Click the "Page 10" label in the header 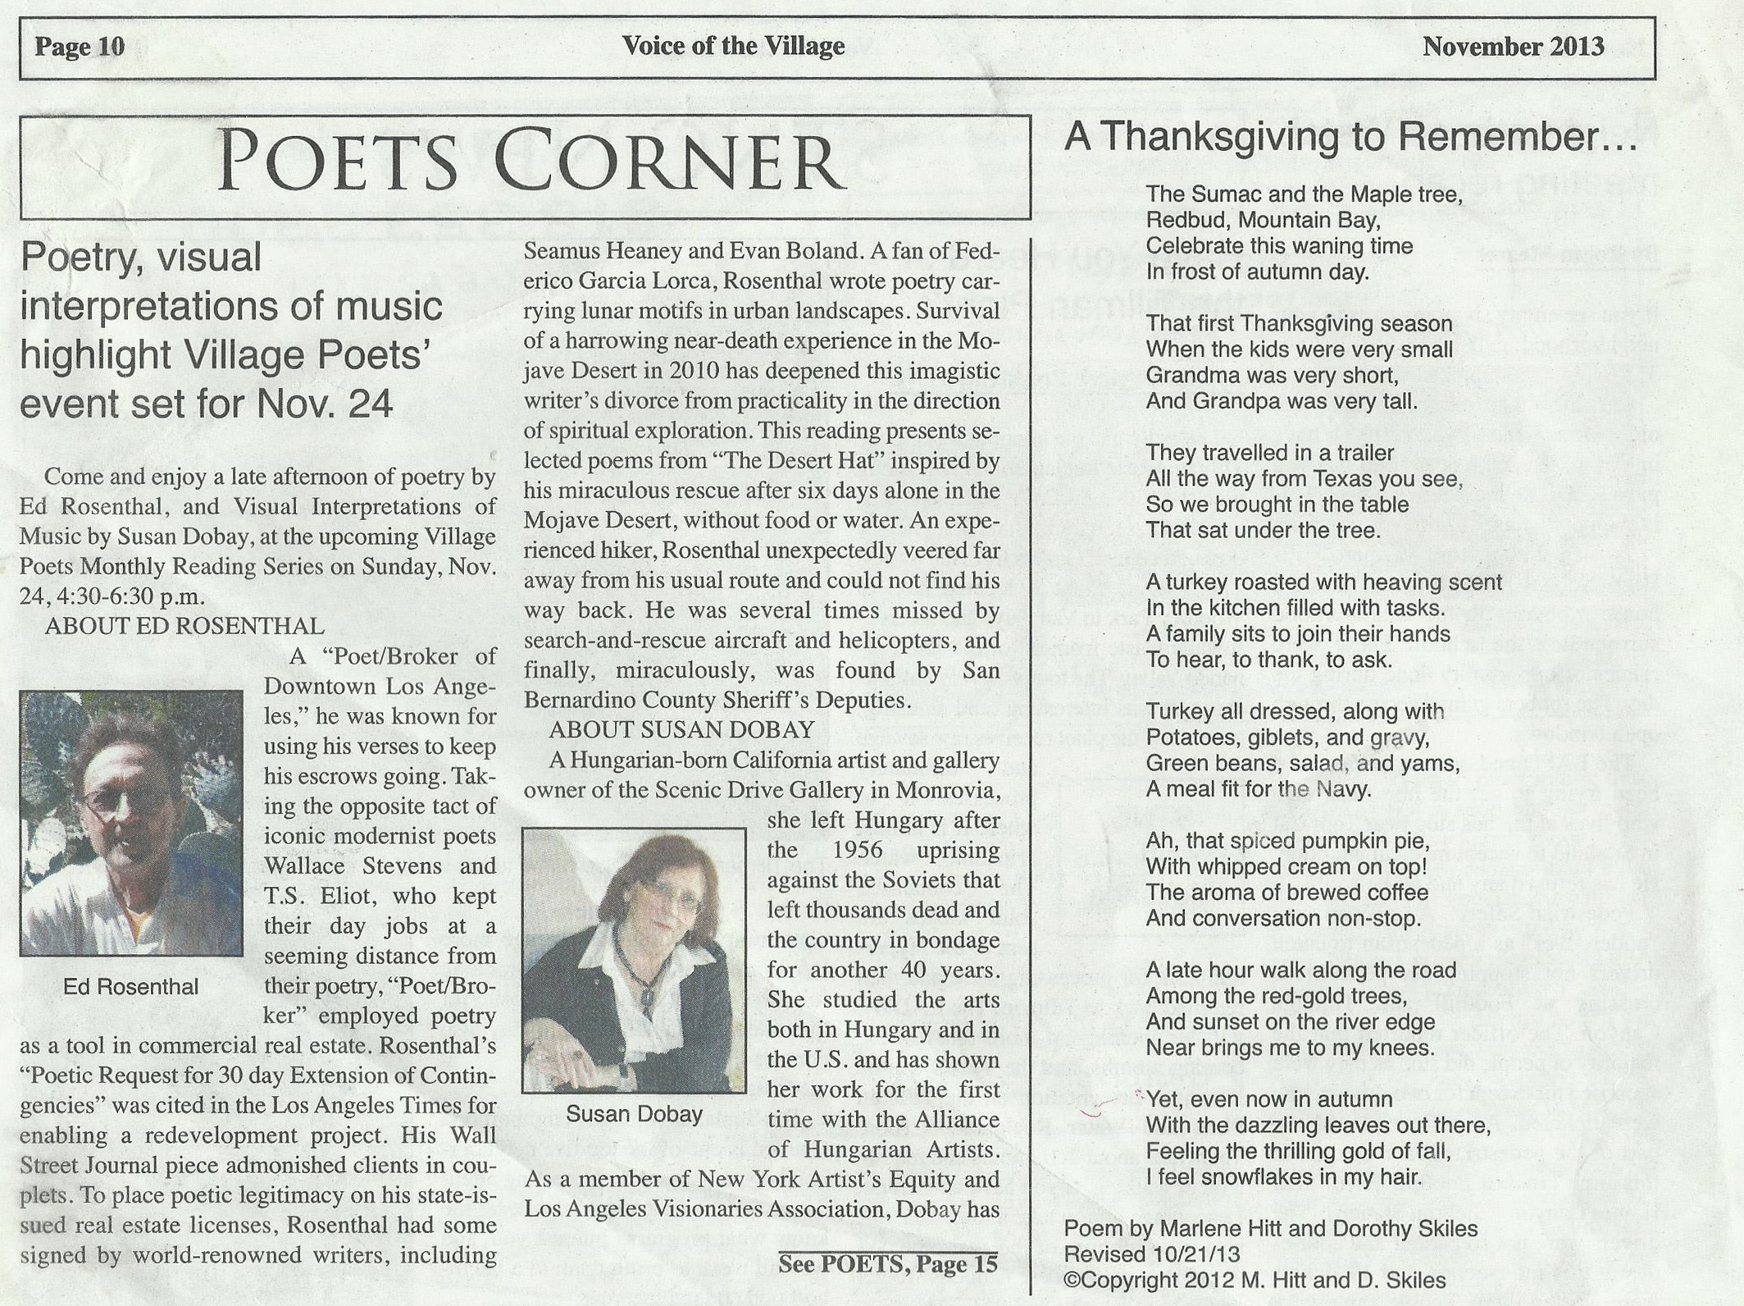(x=80, y=47)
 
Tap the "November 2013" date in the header (x=1513, y=46)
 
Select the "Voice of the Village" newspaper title (x=733, y=46)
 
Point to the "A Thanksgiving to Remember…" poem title (x=1350, y=137)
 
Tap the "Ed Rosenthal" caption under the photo (x=130, y=987)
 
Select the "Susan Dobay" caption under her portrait (x=634, y=1114)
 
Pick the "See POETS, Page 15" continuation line (x=888, y=1264)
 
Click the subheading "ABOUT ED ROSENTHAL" (x=184, y=626)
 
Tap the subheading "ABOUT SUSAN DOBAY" (x=681, y=729)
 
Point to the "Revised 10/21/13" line (x=1151, y=1254)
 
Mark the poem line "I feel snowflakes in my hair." (x=1283, y=1177)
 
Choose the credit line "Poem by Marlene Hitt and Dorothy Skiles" (x=1270, y=1228)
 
